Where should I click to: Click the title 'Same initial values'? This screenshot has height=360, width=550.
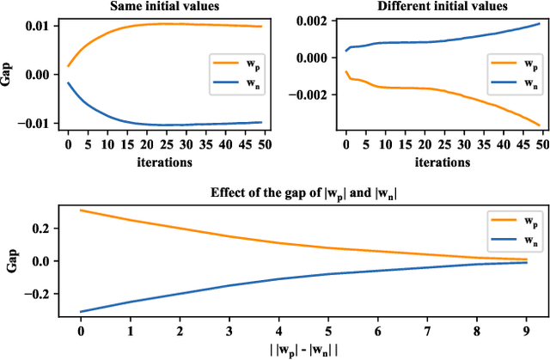(x=163, y=7)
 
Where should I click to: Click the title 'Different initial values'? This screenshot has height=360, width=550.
(x=443, y=7)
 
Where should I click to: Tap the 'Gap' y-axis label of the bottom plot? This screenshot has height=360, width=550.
(x=11, y=260)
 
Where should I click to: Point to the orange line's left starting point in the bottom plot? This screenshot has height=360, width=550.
(x=80, y=210)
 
